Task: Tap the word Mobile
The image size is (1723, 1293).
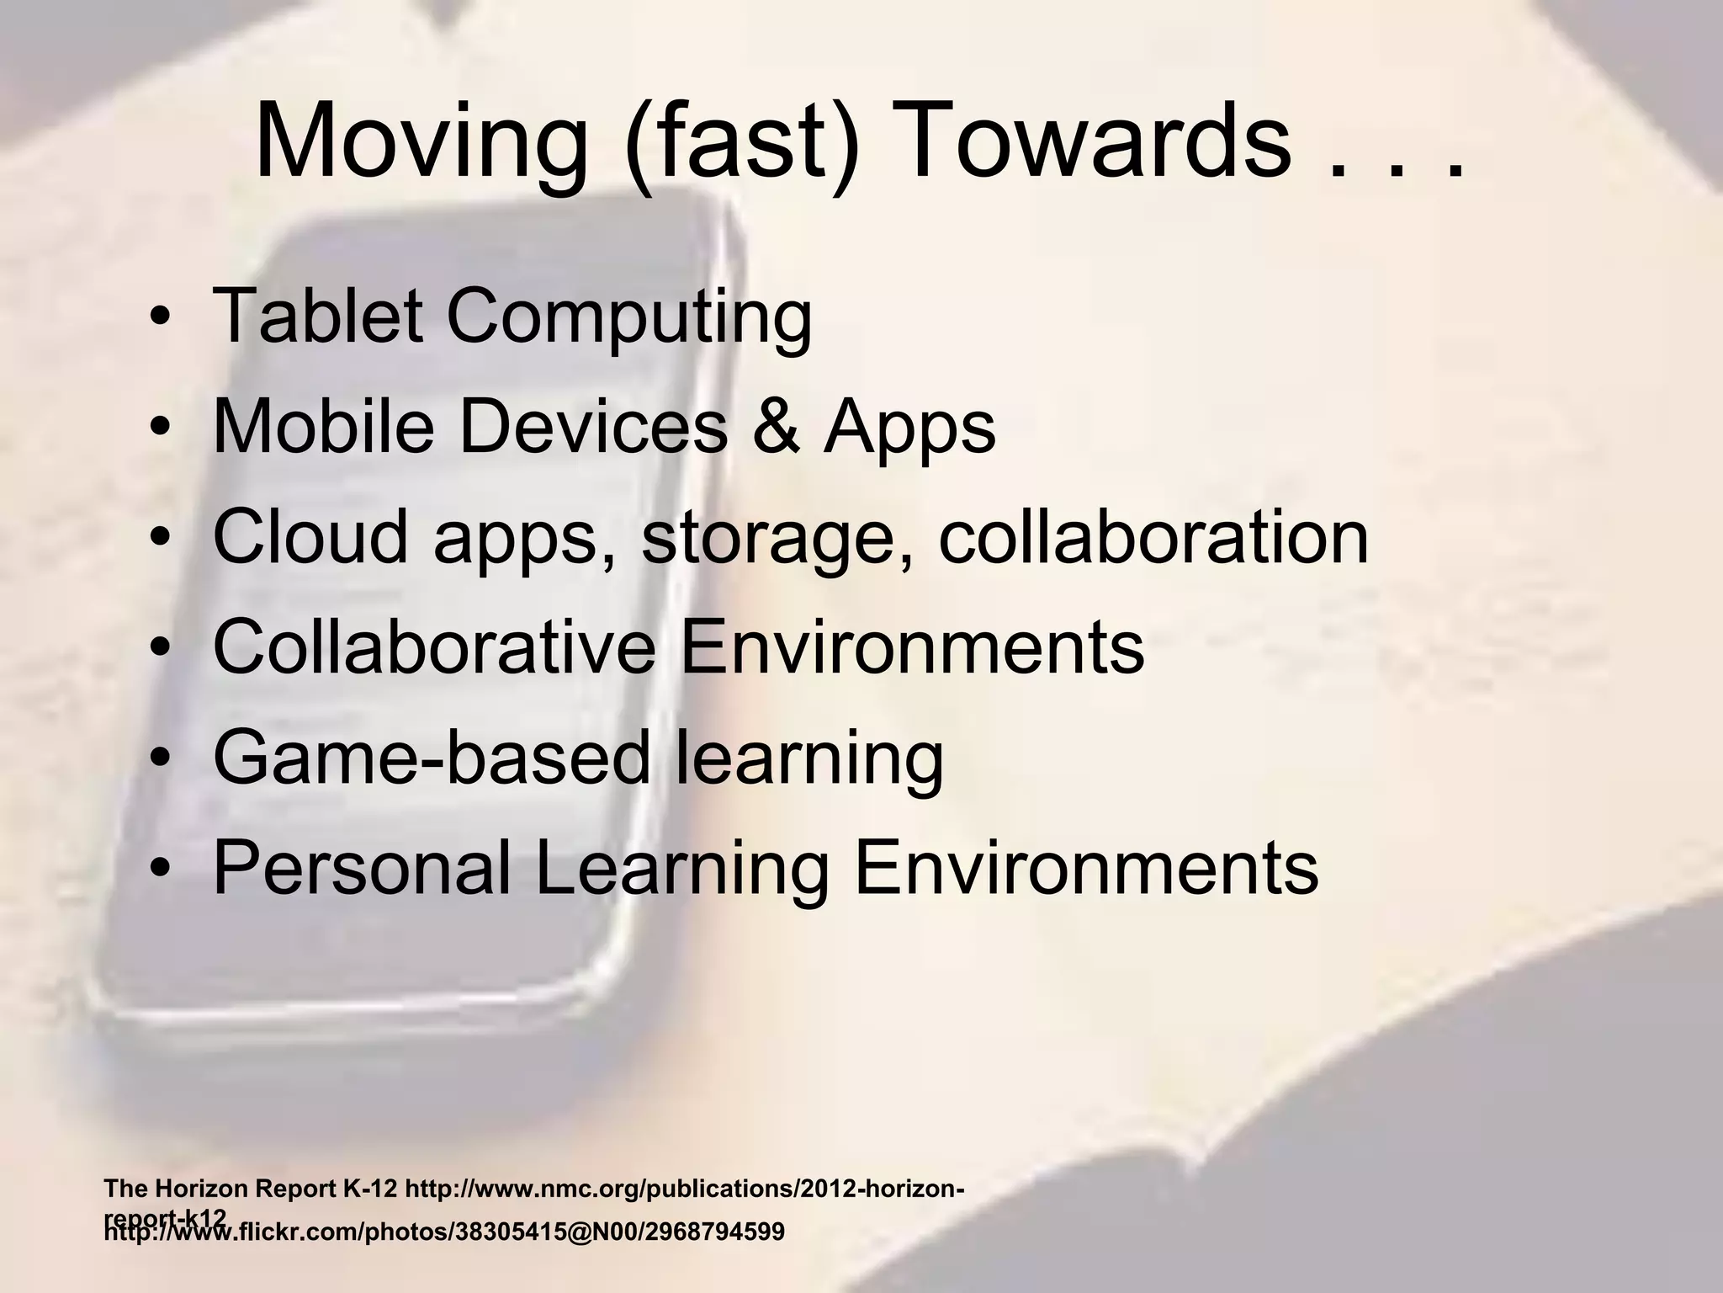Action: point(324,426)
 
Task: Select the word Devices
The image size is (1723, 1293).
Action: point(593,426)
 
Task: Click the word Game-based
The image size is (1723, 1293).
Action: point(432,757)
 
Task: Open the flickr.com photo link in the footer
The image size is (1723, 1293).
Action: point(443,1232)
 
